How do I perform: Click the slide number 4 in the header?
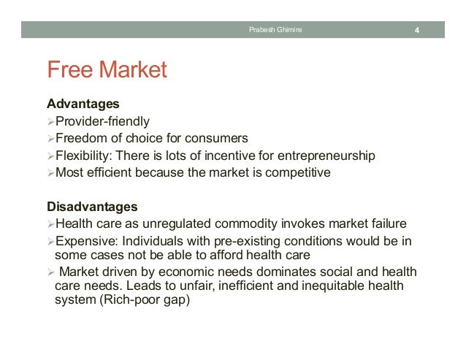coord(416,30)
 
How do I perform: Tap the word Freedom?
coord(81,138)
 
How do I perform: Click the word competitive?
coord(299,173)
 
